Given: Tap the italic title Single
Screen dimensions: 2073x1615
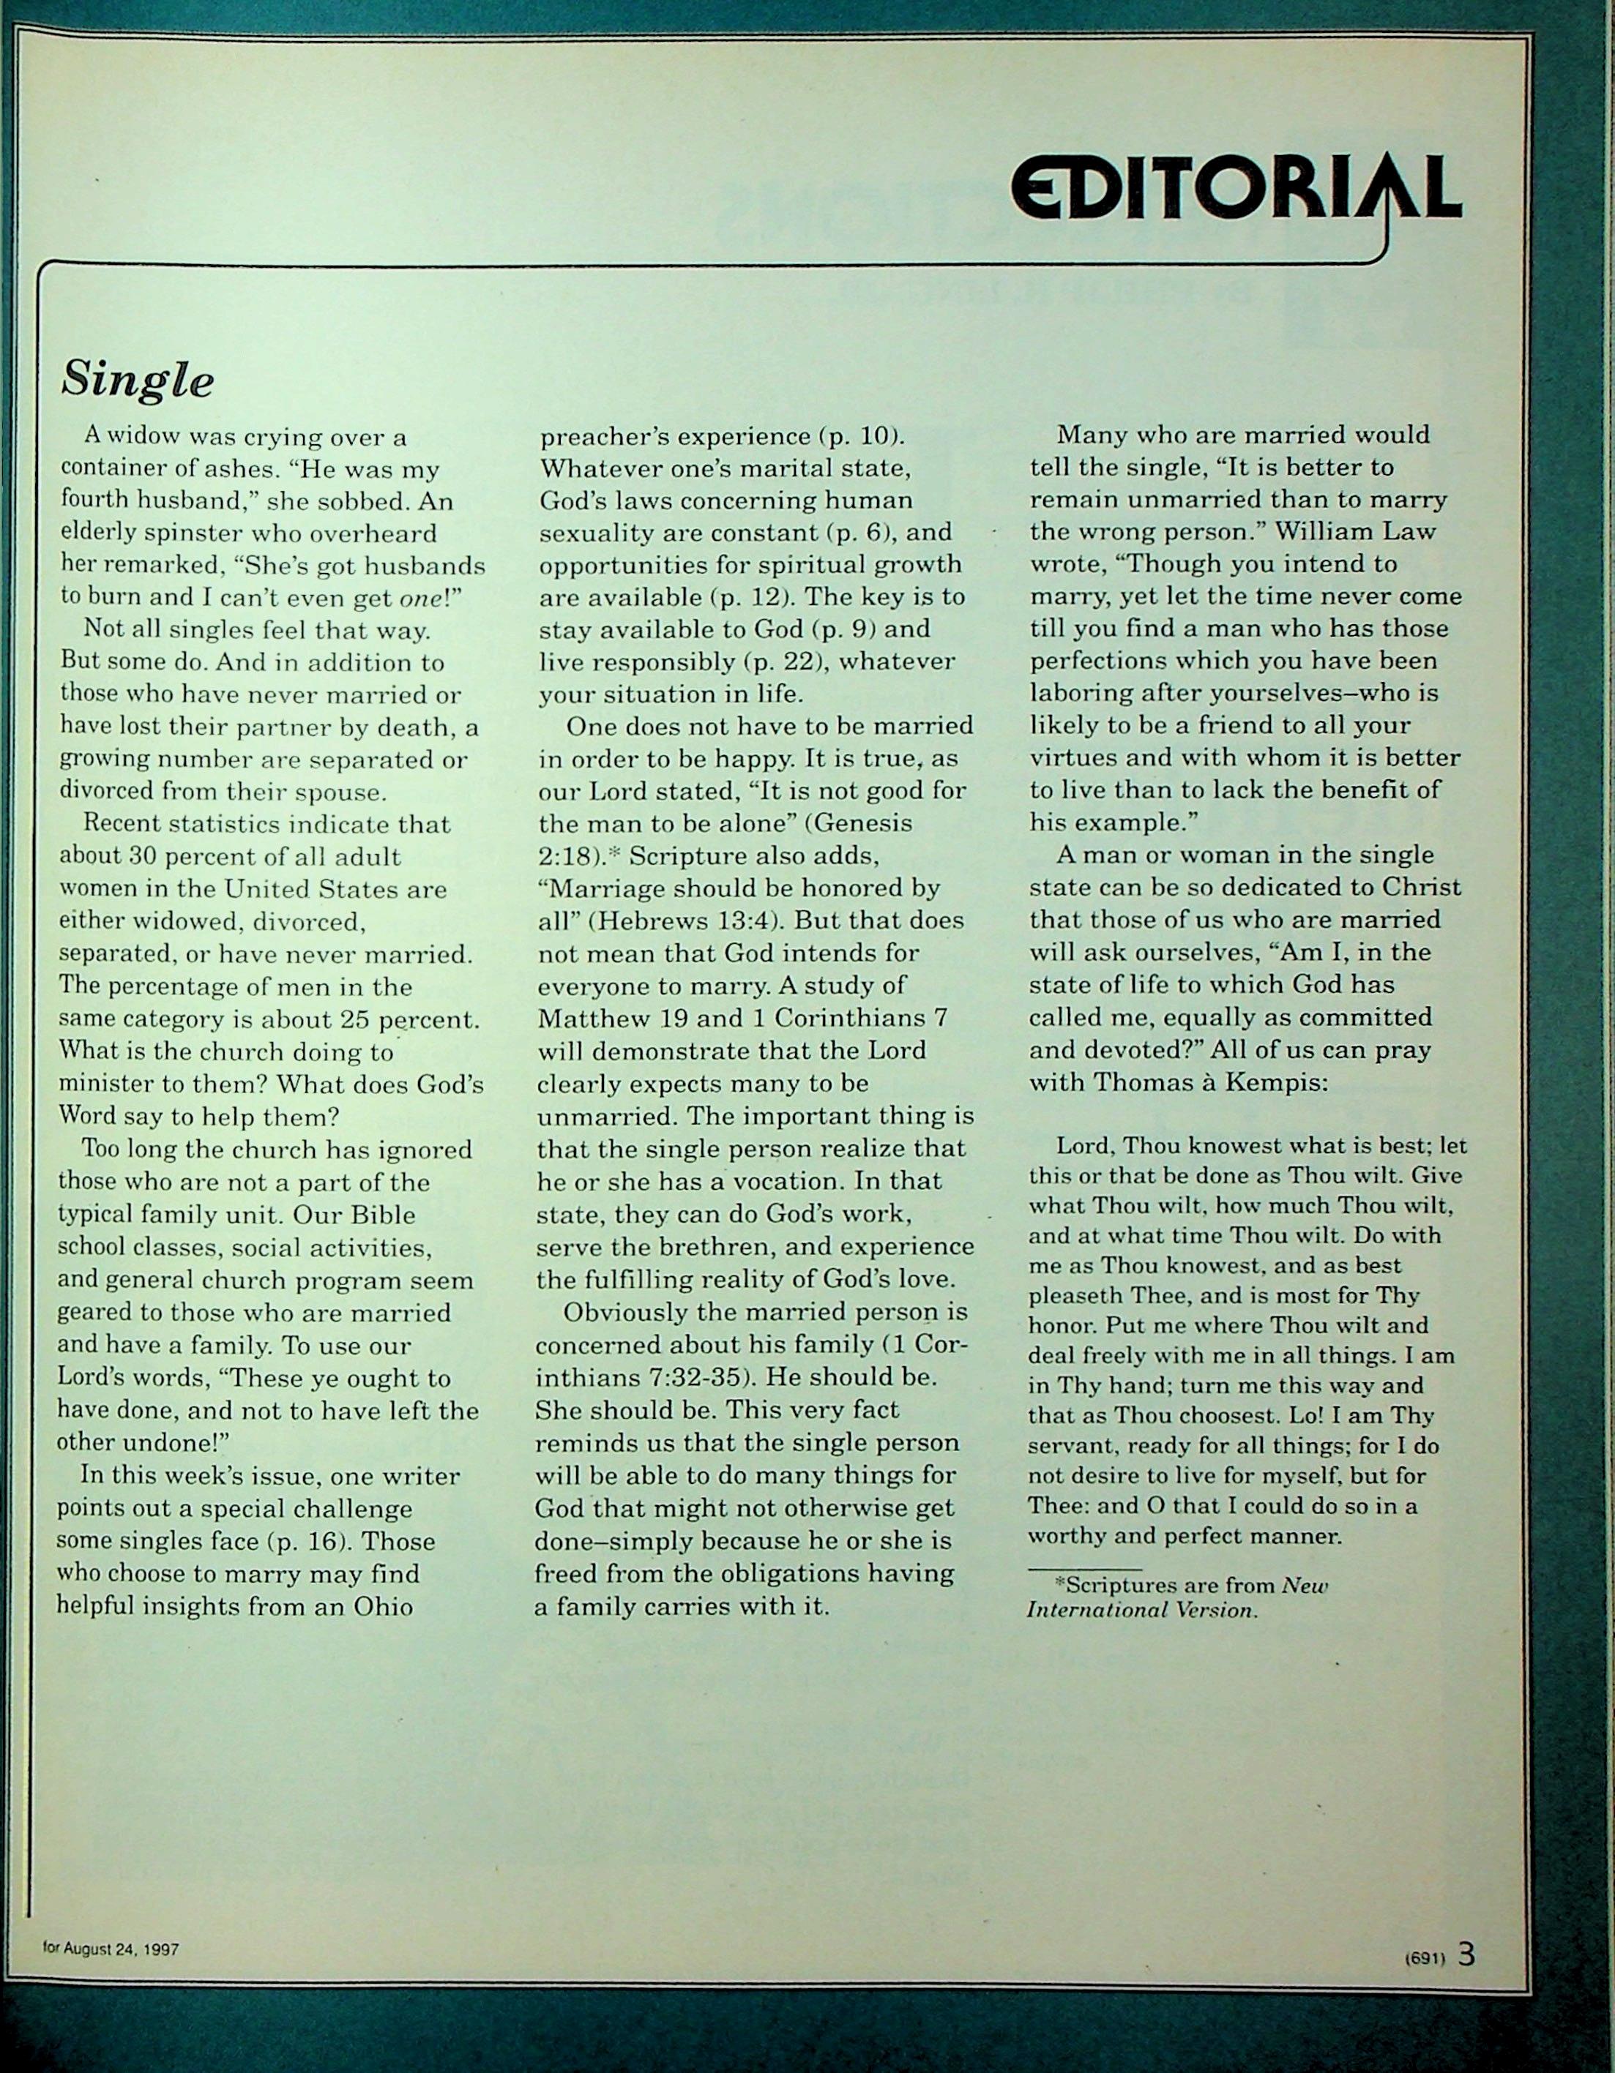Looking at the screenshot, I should (137, 380).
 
